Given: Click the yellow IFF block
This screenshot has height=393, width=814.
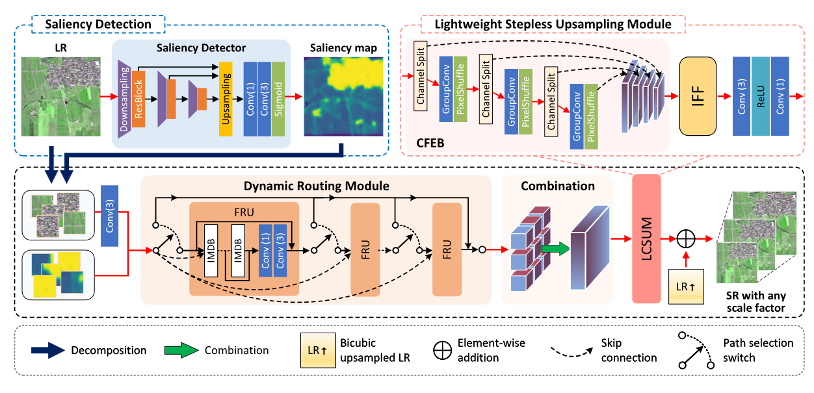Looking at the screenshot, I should click(698, 95).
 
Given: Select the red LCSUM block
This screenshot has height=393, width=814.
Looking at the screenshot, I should click(646, 238).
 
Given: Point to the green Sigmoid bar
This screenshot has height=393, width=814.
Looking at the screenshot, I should click(278, 99).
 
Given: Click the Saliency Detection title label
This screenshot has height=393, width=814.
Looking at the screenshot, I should click(98, 25).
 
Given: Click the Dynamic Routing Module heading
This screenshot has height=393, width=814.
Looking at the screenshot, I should click(317, 186).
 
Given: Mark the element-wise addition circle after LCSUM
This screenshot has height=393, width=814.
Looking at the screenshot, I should click(686, 238).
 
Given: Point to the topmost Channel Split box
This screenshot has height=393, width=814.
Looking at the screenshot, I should click(420, 82).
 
